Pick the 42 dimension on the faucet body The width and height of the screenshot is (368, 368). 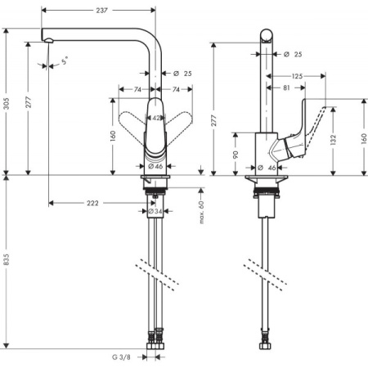pos(157,118)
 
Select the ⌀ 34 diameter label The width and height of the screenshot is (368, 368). pos(153,212)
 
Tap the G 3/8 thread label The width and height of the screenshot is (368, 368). pos(122,357)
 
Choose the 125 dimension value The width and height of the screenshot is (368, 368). pos(295,75)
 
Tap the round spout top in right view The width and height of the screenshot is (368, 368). pos(267,35)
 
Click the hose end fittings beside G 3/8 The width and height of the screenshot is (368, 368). pos(155,348)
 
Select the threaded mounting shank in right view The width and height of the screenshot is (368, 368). pos(266,196)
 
